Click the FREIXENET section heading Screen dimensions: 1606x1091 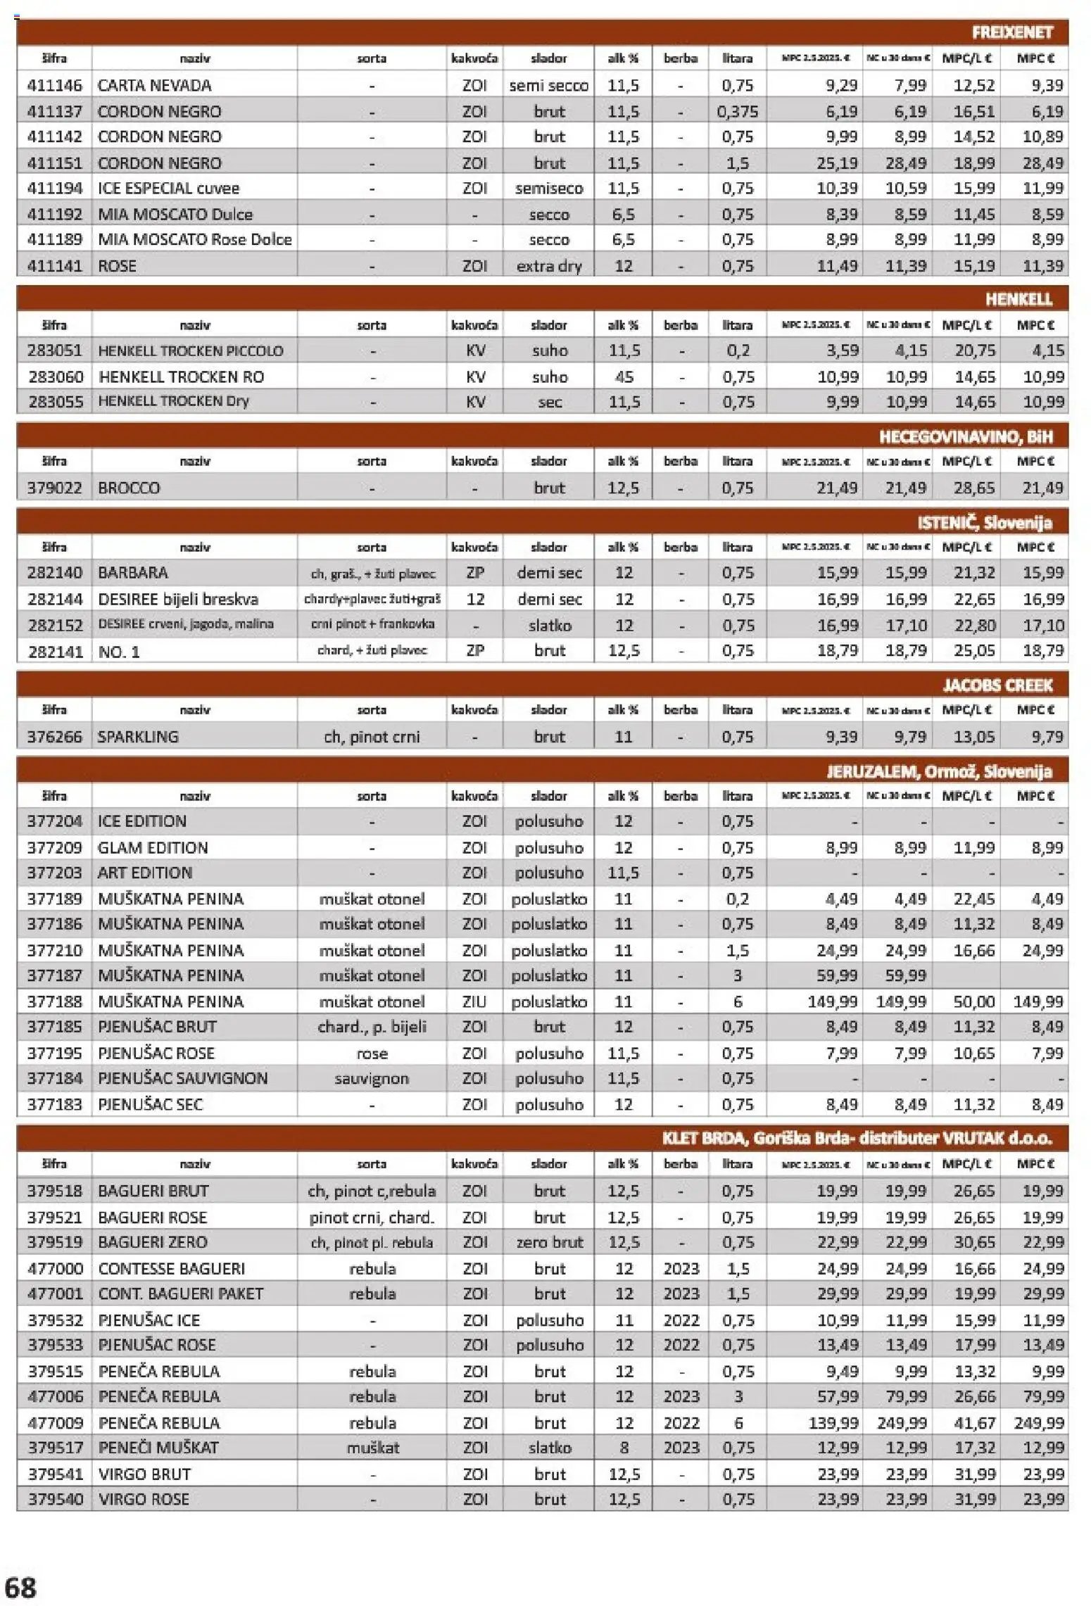(x=1011, y=32)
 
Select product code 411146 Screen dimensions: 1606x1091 (x=55, y=85)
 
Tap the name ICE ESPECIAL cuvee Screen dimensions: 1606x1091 (x=168, y=189)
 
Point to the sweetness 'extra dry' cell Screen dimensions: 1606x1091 (x=548, y=266)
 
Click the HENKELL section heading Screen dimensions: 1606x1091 (x=1018, y=299)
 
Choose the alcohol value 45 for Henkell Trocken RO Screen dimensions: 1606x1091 (x=624, y=377)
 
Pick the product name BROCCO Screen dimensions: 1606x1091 (x=129, y=488)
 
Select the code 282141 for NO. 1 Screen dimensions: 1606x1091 (x=55, y=651)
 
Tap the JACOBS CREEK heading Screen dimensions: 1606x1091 (x=997, y=685)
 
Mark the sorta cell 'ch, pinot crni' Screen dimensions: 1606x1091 (x=372, y=737)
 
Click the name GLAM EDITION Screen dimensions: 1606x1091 (x=153, y=847)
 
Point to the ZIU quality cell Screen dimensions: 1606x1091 (x=474, y=1001)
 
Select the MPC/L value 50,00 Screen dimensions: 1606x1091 (x=974, y=1001)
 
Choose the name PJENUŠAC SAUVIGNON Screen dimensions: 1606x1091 (x=182, y=1078)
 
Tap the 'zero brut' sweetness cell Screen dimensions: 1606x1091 (x=549, y=1242)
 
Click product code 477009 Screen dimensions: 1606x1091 (x=55, y=1422)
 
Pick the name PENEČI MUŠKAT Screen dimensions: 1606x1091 (x=158, y=1448)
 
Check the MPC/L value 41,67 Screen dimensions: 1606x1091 (x=975, y=1422)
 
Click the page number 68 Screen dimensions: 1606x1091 (x=20, y=1588)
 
